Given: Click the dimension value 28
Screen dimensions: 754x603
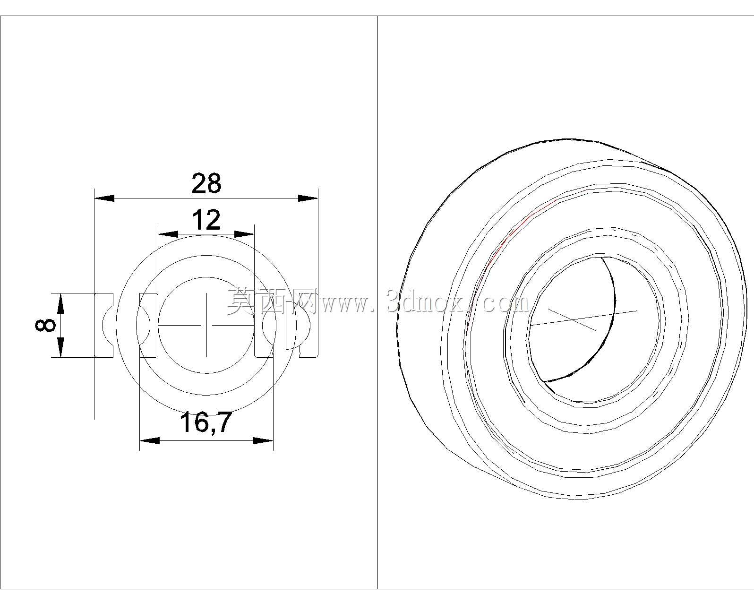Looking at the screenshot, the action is (206, 183).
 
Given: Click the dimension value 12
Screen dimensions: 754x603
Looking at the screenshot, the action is (206, 220).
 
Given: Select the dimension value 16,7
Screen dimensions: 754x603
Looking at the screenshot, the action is (206, 422).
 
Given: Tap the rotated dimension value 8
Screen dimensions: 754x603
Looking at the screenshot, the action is (45, 325).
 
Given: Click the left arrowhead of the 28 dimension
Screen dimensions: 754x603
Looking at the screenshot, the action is (104, 198).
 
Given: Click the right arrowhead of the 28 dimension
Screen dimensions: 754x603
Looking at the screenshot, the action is (308, 198).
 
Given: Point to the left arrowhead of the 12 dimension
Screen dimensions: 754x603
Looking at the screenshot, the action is (168, 234).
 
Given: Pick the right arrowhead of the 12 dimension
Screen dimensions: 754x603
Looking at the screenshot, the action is (244, 234).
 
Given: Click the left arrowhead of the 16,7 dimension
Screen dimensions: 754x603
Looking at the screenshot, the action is (150, 441).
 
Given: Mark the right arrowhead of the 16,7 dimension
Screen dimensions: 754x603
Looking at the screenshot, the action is (263, 441).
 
